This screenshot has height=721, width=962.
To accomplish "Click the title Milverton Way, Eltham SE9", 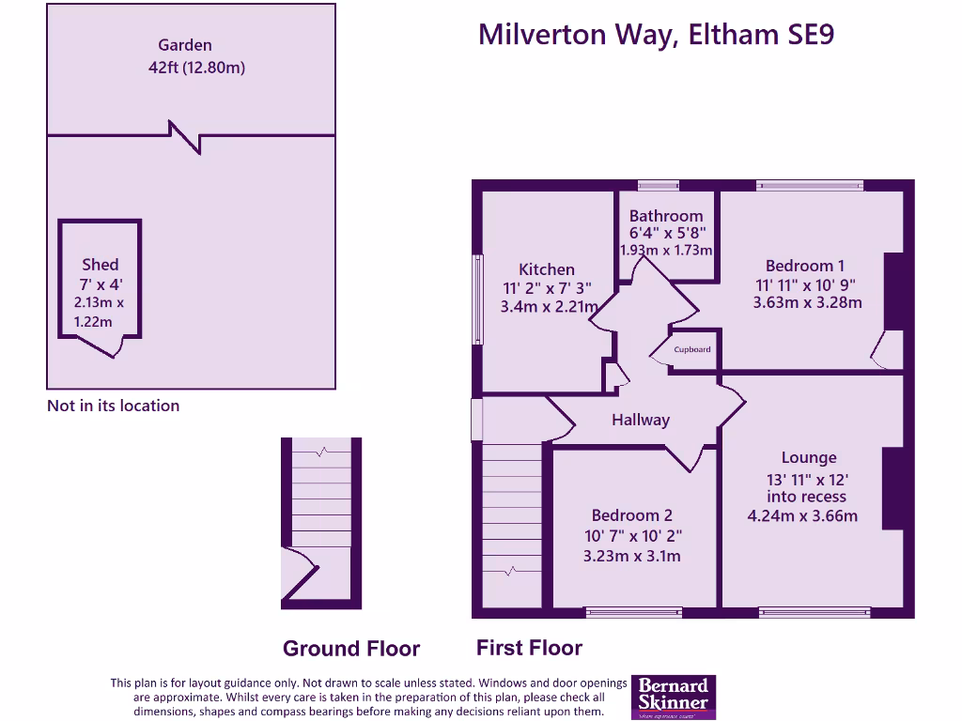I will [656, 34].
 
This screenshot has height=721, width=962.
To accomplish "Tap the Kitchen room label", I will [546, 269].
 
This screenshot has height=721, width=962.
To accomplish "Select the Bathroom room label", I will [665, 215].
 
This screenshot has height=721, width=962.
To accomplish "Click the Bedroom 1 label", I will [806, 266].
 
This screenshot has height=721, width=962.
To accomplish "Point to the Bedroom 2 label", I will [631, 515].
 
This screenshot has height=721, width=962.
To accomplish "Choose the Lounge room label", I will [808, 458].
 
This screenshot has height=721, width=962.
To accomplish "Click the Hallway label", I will [640, 420].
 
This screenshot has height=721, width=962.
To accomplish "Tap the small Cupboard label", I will [692, 349].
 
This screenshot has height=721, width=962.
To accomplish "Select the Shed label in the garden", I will [100, 265].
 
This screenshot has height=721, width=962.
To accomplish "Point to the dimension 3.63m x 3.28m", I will [807, 302].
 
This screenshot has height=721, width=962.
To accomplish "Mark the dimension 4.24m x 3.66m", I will [801, 515].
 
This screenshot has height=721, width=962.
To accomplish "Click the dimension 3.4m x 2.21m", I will [549, 305].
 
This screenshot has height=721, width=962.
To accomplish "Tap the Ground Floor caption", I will [350, 649].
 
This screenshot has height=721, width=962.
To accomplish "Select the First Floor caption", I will [529, 648].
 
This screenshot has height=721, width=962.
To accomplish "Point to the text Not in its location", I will [113, 406].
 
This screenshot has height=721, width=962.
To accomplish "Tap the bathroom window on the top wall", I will [658, 185].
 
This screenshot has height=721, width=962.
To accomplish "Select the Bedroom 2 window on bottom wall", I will [634, 612].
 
